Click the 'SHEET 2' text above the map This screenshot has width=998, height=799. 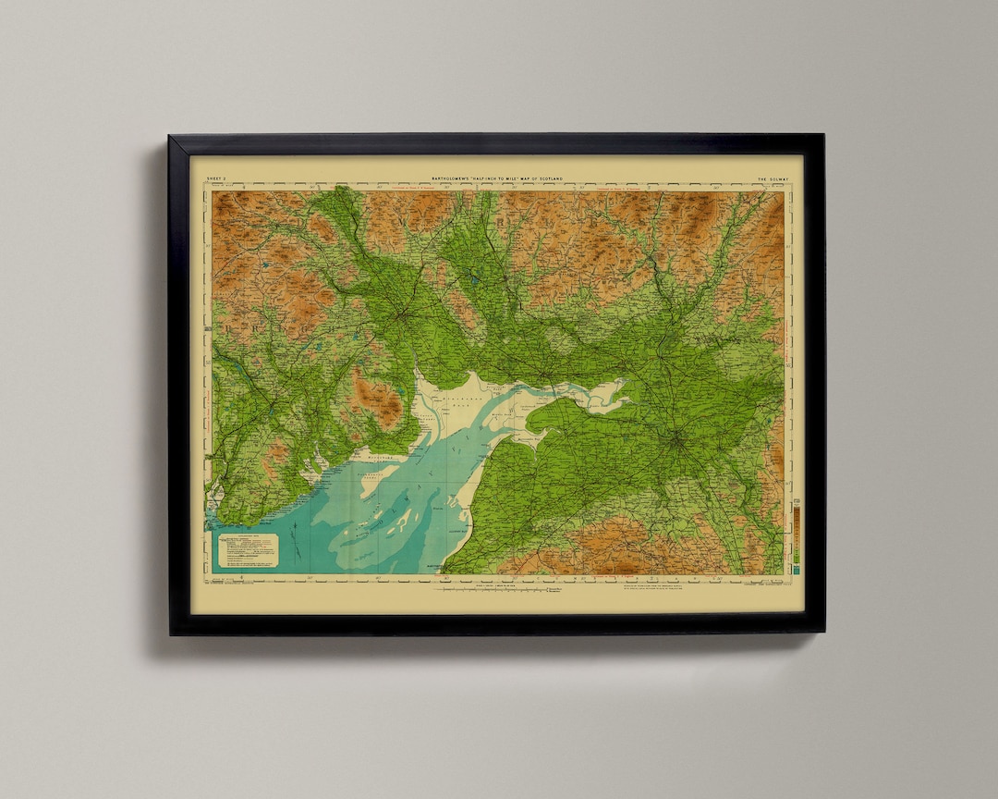tap(216, 178)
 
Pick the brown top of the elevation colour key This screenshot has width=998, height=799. tap(796, 507)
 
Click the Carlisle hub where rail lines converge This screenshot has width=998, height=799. tap(677, 438)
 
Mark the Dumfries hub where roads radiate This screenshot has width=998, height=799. tap(404, 315)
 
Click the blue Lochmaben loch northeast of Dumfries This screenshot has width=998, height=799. tap(472, 277)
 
